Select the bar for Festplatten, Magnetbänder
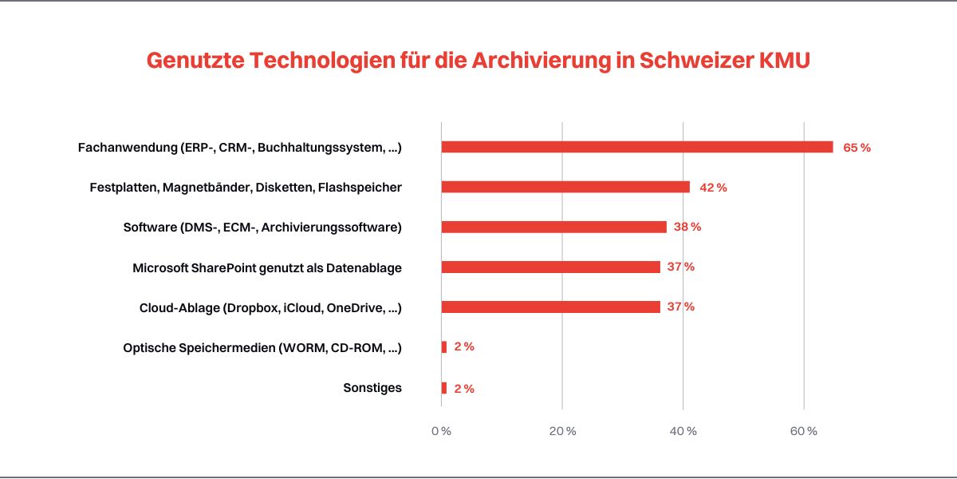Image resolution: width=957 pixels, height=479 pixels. click(565, 187)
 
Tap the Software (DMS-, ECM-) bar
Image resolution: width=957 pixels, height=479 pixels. click(553, 227)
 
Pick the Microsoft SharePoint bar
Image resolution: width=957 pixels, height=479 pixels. click(550, 267)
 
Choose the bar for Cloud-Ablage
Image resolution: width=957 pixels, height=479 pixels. click(550, 307)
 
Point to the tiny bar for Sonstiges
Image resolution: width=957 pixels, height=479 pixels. click(444, 388)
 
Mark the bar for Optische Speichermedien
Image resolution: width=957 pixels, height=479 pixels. click(444, 347)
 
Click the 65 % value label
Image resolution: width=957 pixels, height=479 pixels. click(857, 148)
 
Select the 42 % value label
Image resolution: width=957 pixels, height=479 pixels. click(713, 188)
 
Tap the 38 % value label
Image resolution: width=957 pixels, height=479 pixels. click(687, 227)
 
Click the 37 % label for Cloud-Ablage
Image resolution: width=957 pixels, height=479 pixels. click(680, 307)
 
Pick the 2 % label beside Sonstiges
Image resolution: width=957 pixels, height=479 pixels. click(464, 389)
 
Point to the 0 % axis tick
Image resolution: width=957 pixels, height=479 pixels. click(441, 431)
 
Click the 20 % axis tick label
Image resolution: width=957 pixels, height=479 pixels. click(562, 431)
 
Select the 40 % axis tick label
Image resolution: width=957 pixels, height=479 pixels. click(683, 431)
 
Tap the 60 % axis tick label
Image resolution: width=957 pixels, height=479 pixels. click(804, 431)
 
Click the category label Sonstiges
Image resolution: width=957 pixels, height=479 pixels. click(372, 388)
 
